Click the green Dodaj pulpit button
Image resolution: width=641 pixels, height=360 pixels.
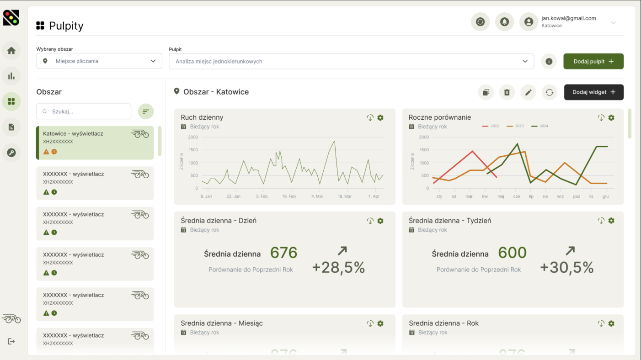593,61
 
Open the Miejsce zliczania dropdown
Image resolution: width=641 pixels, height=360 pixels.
99,61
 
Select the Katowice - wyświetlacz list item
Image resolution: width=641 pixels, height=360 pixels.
95,143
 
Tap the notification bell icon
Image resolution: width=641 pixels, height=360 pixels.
504,21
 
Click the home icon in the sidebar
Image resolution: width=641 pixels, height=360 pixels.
11,50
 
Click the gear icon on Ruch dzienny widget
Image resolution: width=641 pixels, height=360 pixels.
380,118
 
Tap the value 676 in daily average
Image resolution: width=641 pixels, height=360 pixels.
283,253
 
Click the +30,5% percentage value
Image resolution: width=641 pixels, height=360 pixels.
566,267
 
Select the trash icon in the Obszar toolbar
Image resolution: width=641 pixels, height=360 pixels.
507,92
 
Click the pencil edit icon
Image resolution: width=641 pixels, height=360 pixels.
528,92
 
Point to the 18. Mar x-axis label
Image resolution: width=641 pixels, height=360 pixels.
344,196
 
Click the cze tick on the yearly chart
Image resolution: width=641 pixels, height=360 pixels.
517,196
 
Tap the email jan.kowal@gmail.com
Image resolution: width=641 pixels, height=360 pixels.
568,18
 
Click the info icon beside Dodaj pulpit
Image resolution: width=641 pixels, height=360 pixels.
549,61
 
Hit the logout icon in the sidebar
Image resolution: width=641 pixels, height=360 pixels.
11,341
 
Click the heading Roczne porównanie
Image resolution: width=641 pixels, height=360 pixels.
439,117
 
